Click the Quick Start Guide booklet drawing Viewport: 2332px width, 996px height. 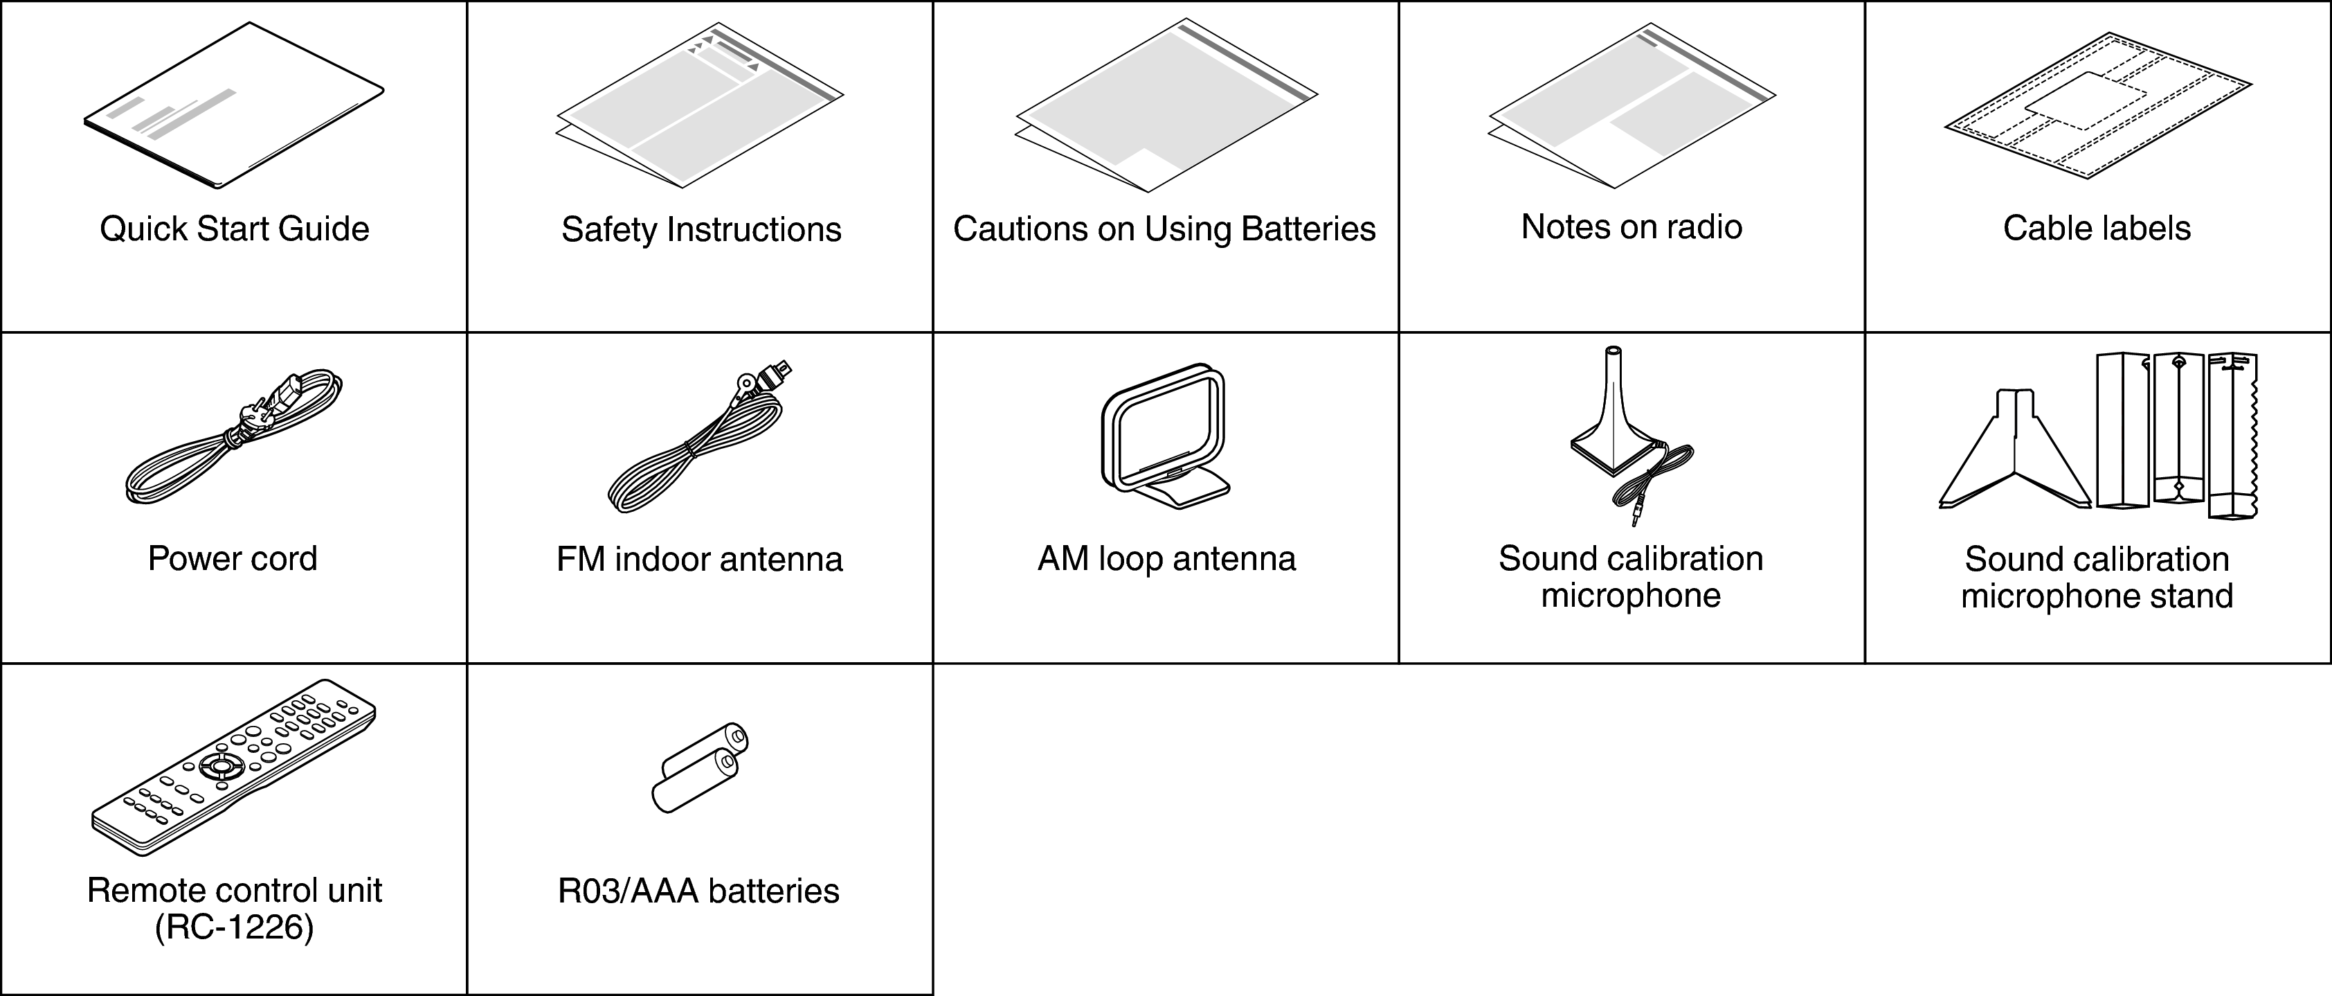(x=233, y=106)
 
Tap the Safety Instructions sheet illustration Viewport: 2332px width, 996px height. (x=699, y=105)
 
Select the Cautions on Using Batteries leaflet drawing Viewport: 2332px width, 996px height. (x=1166, y=105)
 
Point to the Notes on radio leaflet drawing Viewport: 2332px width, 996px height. (x=1632, y=105)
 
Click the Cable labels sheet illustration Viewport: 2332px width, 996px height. (x=2097, y=105)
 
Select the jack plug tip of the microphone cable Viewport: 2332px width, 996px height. (x=1635, y=518)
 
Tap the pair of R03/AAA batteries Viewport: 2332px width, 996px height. (x=700, y=768)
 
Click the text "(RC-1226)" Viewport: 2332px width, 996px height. (x=235, y=928)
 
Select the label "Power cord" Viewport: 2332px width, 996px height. (x=233, y=559)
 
